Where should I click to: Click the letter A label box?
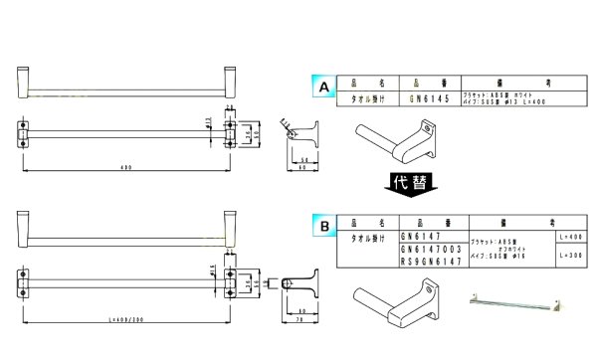(x=322, y=89)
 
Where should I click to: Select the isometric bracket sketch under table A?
(x=398, y=140)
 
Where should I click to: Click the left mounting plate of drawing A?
(x=24, y=132)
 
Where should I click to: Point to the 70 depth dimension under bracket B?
(x=299, y=319)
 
